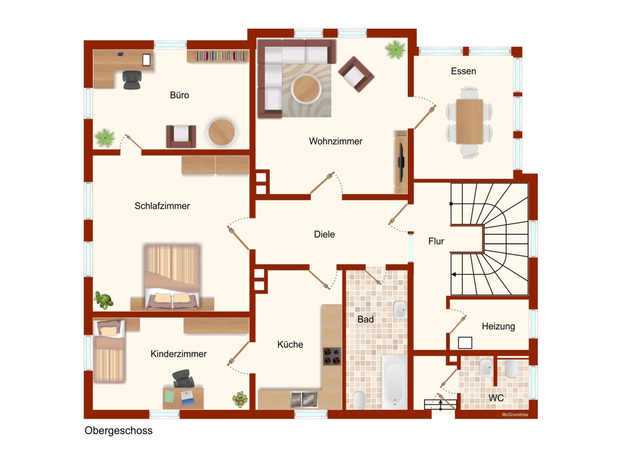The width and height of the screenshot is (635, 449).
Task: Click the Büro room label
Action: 180,95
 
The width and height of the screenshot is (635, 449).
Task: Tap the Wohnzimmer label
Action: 336,141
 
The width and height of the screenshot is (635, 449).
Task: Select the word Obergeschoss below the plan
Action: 119,431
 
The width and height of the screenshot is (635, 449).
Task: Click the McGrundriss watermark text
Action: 515,415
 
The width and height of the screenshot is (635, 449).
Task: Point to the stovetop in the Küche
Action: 332,356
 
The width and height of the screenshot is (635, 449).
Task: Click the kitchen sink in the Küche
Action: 304,399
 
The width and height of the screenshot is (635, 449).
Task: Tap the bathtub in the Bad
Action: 394,382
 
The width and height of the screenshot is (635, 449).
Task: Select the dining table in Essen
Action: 469,122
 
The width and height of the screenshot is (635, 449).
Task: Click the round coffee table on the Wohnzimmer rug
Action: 306,88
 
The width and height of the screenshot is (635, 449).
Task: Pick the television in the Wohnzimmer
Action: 401,162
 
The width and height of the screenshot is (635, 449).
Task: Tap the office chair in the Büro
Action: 132,80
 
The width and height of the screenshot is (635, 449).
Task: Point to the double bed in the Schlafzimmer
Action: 172,276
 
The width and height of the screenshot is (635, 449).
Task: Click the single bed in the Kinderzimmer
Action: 109,351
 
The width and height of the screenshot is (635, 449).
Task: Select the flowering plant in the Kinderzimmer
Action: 240,399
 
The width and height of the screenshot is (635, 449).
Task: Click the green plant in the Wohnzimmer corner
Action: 395,49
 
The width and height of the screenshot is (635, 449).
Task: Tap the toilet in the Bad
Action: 359,400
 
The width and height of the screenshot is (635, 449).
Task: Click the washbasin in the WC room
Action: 486,368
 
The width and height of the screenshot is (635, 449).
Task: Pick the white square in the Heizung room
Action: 465,343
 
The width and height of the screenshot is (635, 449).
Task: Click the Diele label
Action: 324,234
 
